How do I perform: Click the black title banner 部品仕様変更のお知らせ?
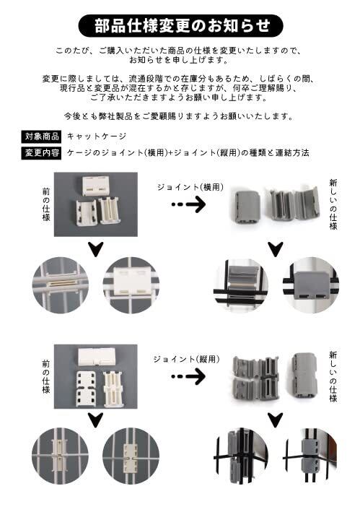(180, 26)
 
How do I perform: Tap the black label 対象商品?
(41, 136)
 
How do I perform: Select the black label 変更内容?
(41, 152)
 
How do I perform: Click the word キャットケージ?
(96, 136)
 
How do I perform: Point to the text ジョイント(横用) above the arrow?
(190, 187)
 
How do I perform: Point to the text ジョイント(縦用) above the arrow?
(187, 359)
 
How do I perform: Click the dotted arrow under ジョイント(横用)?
(189, 205)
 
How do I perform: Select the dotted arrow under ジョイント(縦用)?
(189, 376)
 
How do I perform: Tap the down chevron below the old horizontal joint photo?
(95, 249)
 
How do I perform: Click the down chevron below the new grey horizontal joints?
(276, 249)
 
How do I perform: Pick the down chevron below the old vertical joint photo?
(95, 420)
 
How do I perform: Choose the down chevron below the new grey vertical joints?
(276, 420)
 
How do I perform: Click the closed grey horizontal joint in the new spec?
(247, 207)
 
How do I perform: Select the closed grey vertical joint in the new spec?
(304, 375)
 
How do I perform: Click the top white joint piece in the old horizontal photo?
(95, 186)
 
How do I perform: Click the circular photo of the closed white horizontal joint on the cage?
(131, 285)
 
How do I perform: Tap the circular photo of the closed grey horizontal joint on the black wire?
(311, 285)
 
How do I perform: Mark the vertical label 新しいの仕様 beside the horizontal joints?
(333, 205)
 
